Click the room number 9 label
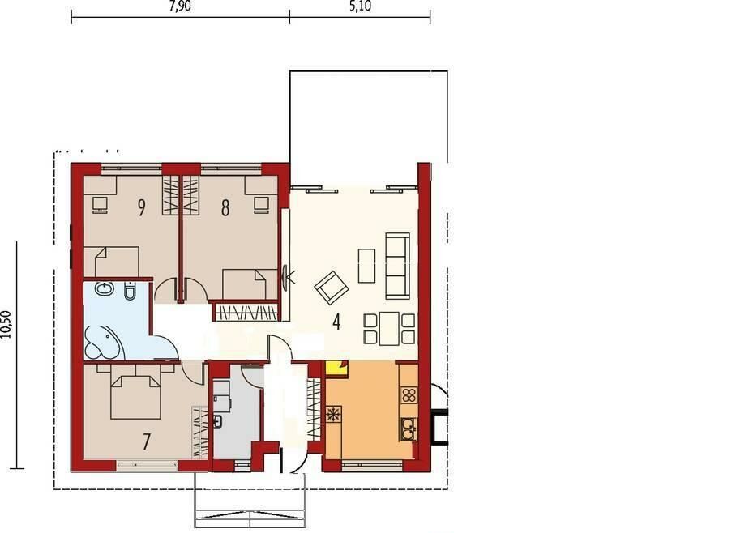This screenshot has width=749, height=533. (x=141, y=207)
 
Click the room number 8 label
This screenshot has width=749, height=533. (x=225, y=208)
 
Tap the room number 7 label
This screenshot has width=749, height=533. (x=147, y=441)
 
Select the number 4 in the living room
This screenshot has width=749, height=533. (x=336, y=322)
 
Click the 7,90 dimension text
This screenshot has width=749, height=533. (x=180, y=6)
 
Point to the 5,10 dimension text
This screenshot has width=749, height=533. (x=360, y=6)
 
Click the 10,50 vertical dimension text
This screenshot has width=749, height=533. (x=6, y=325)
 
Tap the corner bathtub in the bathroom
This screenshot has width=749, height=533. (x=103, y=341)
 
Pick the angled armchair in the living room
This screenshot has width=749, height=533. (x=332, y=288)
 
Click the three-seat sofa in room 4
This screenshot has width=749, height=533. (x=397, y=266)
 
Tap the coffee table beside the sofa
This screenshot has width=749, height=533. (x=367, y=266)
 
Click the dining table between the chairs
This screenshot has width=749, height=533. (x=389, y=328)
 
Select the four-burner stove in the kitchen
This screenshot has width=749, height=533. (x=409, y=395)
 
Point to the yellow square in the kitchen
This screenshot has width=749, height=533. (x=336, y=369)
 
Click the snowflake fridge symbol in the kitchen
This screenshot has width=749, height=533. (x=332, y=414)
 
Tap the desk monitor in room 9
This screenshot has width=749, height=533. (x=100, y=206)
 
